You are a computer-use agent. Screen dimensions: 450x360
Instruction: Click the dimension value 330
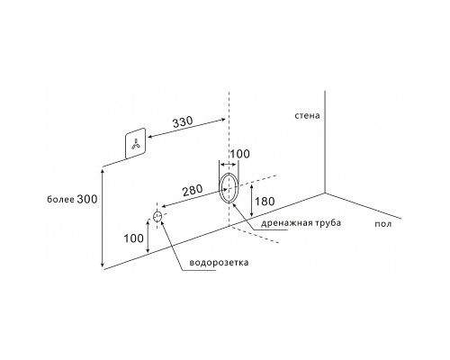[183, 121]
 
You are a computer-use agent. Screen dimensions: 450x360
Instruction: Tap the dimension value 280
[193, 190]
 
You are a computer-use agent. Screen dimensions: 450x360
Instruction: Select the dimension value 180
[265, 202]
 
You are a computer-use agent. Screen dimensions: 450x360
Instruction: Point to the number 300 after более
[87, 199]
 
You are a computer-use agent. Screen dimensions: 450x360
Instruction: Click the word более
[60, 199]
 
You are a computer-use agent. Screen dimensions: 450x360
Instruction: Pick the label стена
[307, 115]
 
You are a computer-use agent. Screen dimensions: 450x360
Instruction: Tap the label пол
[383, 224]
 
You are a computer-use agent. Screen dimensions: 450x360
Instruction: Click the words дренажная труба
[301, 223]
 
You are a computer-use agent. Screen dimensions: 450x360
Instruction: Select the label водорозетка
[219, 263]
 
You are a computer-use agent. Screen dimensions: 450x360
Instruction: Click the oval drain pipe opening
[220, 188]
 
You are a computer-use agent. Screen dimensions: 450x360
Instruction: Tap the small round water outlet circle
[157, 216]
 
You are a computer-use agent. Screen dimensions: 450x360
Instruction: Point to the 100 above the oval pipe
[240, 154]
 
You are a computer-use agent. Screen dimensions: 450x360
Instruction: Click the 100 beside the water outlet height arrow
[134, 238]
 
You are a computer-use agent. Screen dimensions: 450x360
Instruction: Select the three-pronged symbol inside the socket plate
[136, 144]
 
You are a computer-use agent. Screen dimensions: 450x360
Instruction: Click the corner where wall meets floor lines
[325, 193]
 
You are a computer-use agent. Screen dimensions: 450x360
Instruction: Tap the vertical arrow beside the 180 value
[252, 200]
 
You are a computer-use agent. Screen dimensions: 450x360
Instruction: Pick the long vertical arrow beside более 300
[103, 218]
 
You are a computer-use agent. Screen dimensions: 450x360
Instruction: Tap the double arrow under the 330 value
[186, 129]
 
